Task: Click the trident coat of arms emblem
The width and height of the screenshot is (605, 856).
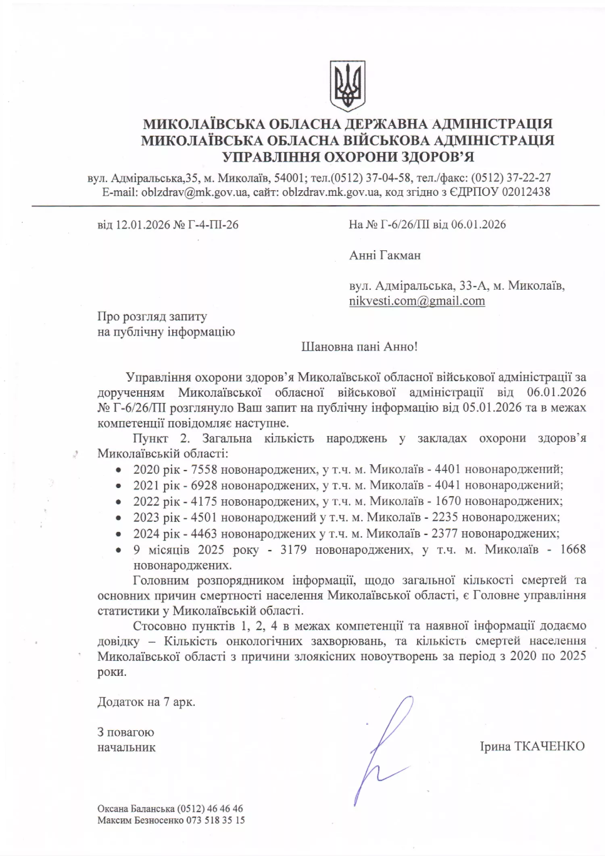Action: (348, 86)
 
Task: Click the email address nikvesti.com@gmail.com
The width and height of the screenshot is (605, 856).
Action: (417, 301)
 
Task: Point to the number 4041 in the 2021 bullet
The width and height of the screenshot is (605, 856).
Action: (448, 485)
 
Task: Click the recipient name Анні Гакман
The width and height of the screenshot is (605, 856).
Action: (385, 255)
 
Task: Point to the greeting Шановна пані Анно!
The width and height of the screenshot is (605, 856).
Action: (359, 347)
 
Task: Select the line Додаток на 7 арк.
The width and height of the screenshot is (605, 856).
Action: (146, 702)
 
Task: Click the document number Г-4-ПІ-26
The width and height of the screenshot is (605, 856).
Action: (213, 225)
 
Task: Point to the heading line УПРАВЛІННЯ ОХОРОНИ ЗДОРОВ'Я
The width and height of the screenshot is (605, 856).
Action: (349, 157)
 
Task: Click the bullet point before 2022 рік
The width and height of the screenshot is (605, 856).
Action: (118, 502)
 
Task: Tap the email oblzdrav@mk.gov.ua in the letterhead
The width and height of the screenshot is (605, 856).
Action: (194, 192)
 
